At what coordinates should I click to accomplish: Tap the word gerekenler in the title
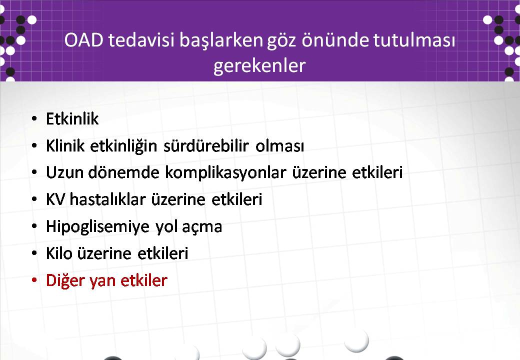[259, 66]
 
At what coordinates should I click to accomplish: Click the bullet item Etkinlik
[72, 118]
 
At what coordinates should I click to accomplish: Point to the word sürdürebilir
[206, 146]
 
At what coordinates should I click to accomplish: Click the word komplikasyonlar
[226, 173]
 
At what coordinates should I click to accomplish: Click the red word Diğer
[65, 281]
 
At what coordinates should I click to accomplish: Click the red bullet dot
[34, 280]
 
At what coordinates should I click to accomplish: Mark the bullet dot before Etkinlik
[34, 118]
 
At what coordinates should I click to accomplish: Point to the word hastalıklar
[108, 199]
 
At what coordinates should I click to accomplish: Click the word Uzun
[64, 172]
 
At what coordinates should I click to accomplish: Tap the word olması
[279, 146]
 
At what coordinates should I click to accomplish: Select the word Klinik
[65, 146]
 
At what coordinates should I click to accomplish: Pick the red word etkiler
[144, 281]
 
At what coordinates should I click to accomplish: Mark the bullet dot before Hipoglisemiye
[34, 226]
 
